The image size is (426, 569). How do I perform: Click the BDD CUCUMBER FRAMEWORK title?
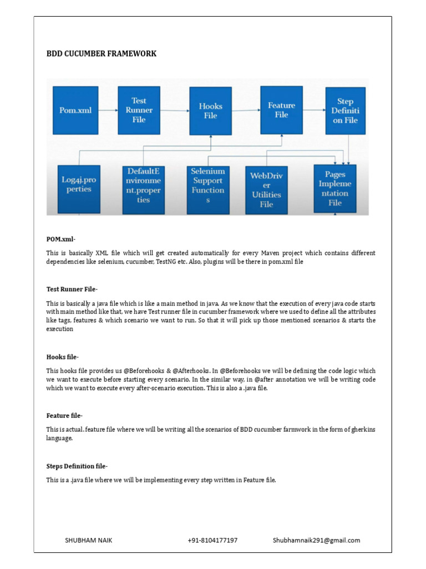tap(101, 54)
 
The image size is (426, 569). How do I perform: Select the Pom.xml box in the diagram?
tap(75, 110)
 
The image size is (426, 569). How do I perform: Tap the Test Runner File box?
tap(139, 110)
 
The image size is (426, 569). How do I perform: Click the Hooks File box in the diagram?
tap(210, 111)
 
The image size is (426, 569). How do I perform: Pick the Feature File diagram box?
tap(281, 109)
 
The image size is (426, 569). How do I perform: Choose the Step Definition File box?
tap(345, 111)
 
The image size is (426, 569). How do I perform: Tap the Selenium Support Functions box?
tap(208, 186)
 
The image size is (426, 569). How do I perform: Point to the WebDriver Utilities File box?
tap(266, 189)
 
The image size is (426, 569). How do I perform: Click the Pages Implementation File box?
tap(335, 188)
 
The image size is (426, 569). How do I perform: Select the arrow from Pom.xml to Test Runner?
tap(108, 110)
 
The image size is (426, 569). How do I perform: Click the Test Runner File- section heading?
tap(72, 289)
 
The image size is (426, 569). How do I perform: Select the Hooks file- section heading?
tap(63, 357)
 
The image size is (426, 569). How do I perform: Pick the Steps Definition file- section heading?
tap(77, 466)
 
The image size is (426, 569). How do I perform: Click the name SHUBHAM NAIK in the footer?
tap(89, 540)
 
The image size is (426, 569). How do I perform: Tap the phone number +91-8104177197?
tap(212, 540)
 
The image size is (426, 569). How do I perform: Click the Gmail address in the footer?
tap(316, 540)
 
